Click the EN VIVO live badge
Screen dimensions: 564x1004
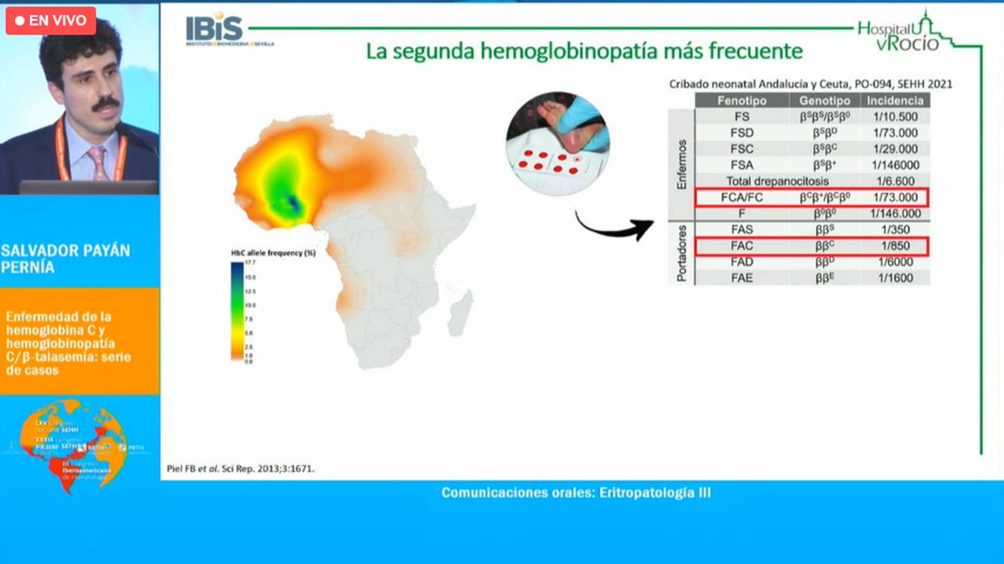coord(51,21)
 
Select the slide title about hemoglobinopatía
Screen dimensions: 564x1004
coord(584,51)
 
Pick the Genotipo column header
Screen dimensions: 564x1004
coord(824,100)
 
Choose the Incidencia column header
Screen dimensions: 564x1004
coord(896,100)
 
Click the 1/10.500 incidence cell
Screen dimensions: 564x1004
coord(896,117)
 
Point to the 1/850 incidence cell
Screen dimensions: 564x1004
coord(896,246)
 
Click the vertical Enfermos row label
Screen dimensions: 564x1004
coord(681,164)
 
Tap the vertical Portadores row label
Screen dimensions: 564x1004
coord(681,254)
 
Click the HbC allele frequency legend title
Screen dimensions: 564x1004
coord(273,252)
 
